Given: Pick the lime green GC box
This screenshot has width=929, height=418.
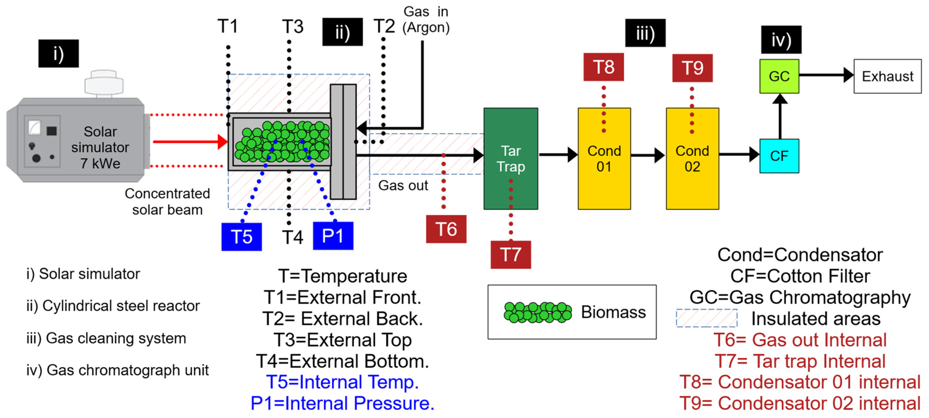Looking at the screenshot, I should click(x=779, y=76).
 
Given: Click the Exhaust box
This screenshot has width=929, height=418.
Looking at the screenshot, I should click(x=887, y=76).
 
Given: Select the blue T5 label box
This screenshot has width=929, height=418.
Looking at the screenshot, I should click(x=241, y=236).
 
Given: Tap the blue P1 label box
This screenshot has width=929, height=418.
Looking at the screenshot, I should click(x=333, y=236).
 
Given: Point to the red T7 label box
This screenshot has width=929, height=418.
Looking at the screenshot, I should click(x=510, y=254).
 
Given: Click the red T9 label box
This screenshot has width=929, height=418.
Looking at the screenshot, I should click(x=692, y=68).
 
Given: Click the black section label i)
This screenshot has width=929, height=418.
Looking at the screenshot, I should click(x=58, y=53).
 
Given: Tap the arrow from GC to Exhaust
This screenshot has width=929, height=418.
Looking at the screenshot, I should click(x=826, y=75).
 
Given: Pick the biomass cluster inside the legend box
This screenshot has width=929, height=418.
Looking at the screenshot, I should click(x=537, y=312).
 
